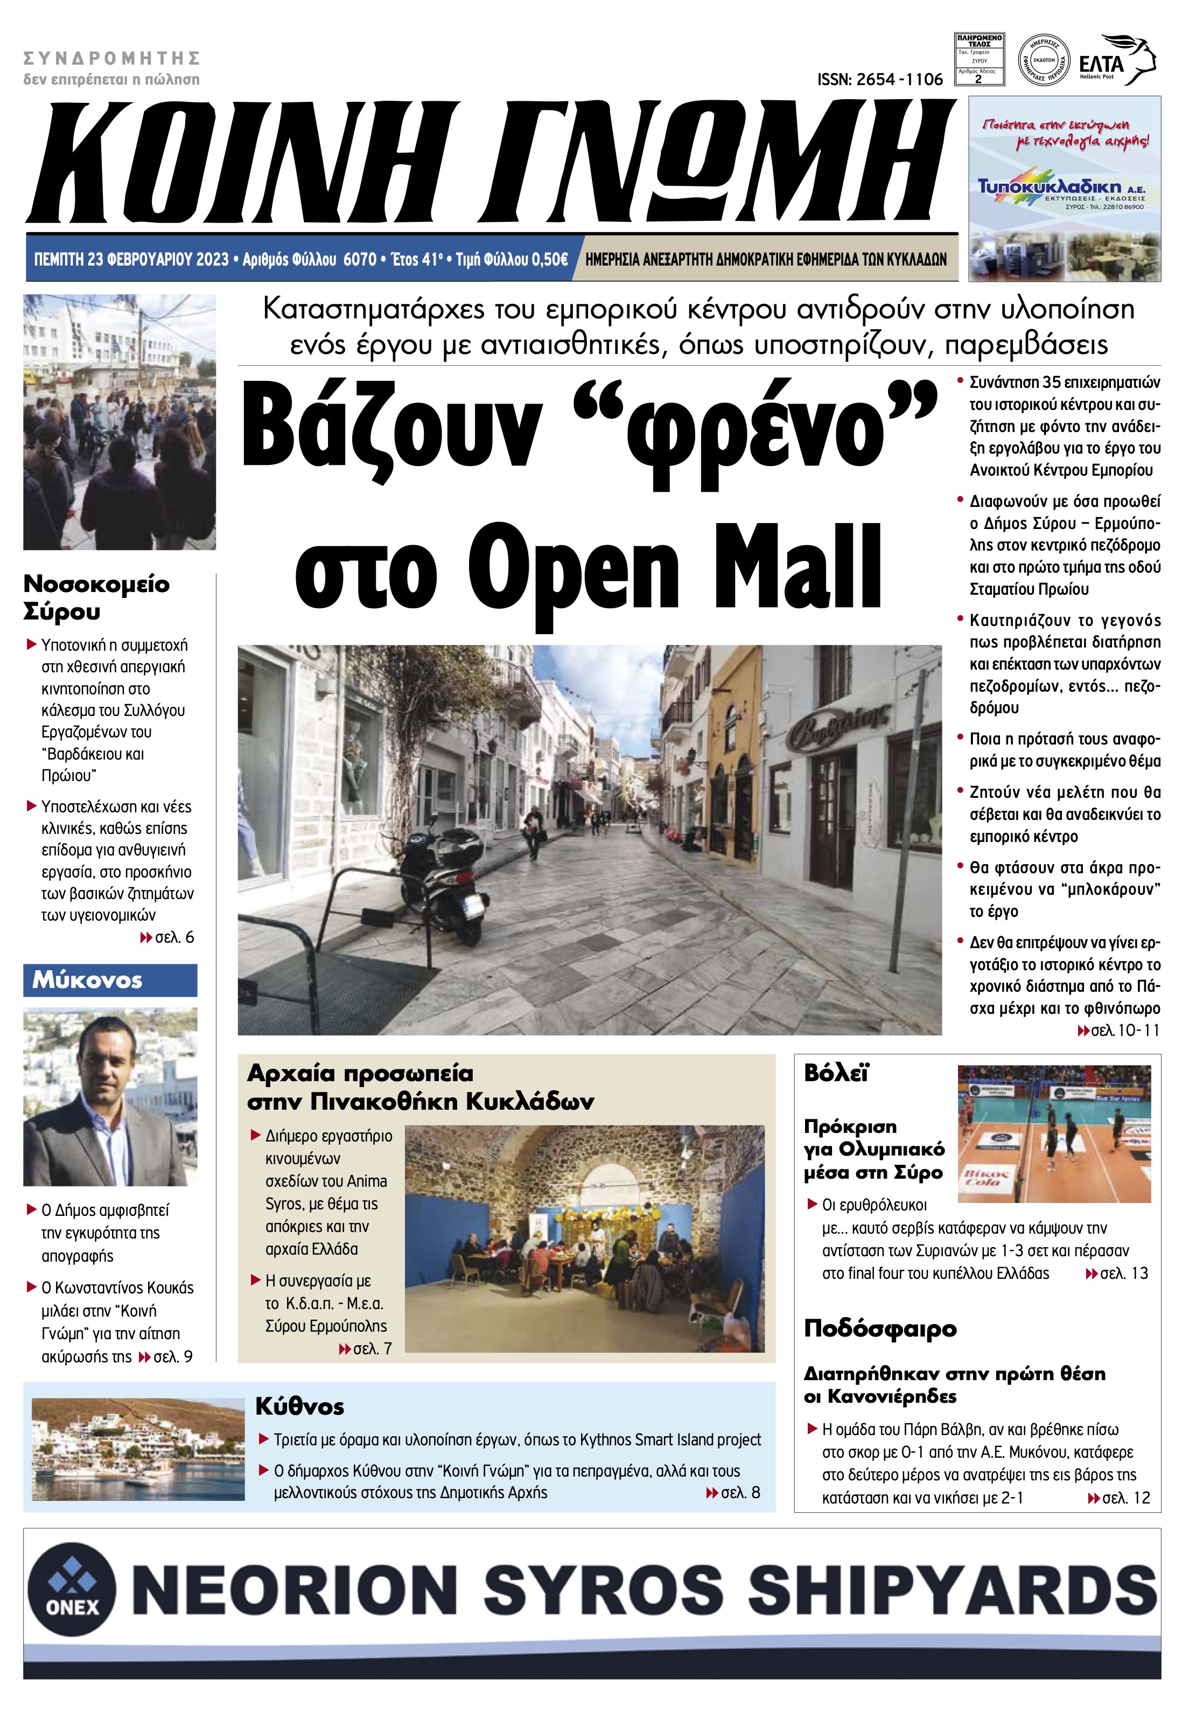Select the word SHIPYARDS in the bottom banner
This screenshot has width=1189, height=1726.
[952, 1590]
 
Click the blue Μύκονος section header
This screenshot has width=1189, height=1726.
[110, 980]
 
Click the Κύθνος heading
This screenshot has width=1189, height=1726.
[299, 1407]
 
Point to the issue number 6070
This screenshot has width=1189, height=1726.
[360, 259]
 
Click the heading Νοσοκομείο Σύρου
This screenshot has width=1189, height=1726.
[96, 597]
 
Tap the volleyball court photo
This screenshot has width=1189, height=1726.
[1053, 1133]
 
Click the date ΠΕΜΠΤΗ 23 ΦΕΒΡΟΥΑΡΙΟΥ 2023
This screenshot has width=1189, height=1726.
[131, 259]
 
